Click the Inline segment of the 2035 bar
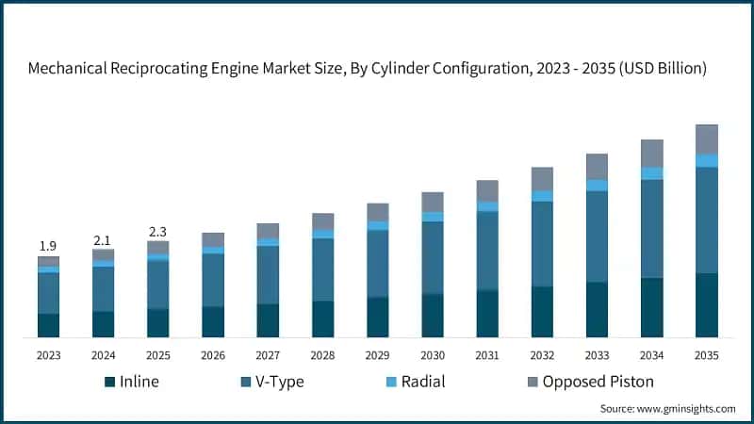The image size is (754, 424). click(x=706, y=305)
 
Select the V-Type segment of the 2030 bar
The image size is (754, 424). click(x=433, y=257)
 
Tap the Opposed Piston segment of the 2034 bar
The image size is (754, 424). click(x=651, y=153)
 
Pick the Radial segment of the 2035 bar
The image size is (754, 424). click(x=706, y=160)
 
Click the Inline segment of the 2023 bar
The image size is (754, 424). click(x=48, y=325)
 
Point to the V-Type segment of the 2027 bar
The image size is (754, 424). click(x=268, y=274)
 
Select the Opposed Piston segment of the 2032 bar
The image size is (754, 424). click(x=542, y=179)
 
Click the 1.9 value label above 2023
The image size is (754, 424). click(x=48, y=246)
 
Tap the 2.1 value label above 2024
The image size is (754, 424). click(x=103, y=239)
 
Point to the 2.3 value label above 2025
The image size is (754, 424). click(x=157, y=231)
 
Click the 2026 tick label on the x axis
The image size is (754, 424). click(x=213, y=354)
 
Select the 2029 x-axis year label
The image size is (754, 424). click(x=377, y=354)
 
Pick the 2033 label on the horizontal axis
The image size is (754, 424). click(x=597, y=354)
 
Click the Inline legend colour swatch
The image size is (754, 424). click(x=109, y=382)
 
